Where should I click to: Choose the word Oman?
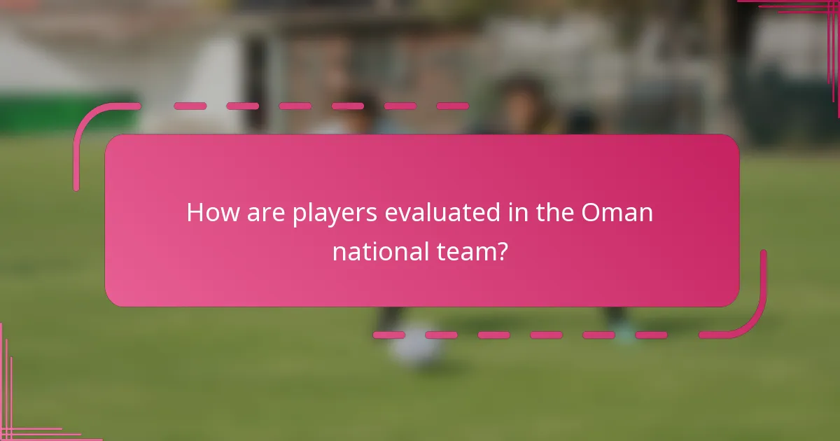[617, 213]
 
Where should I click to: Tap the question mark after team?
[501, 251]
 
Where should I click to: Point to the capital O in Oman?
[591, 213]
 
